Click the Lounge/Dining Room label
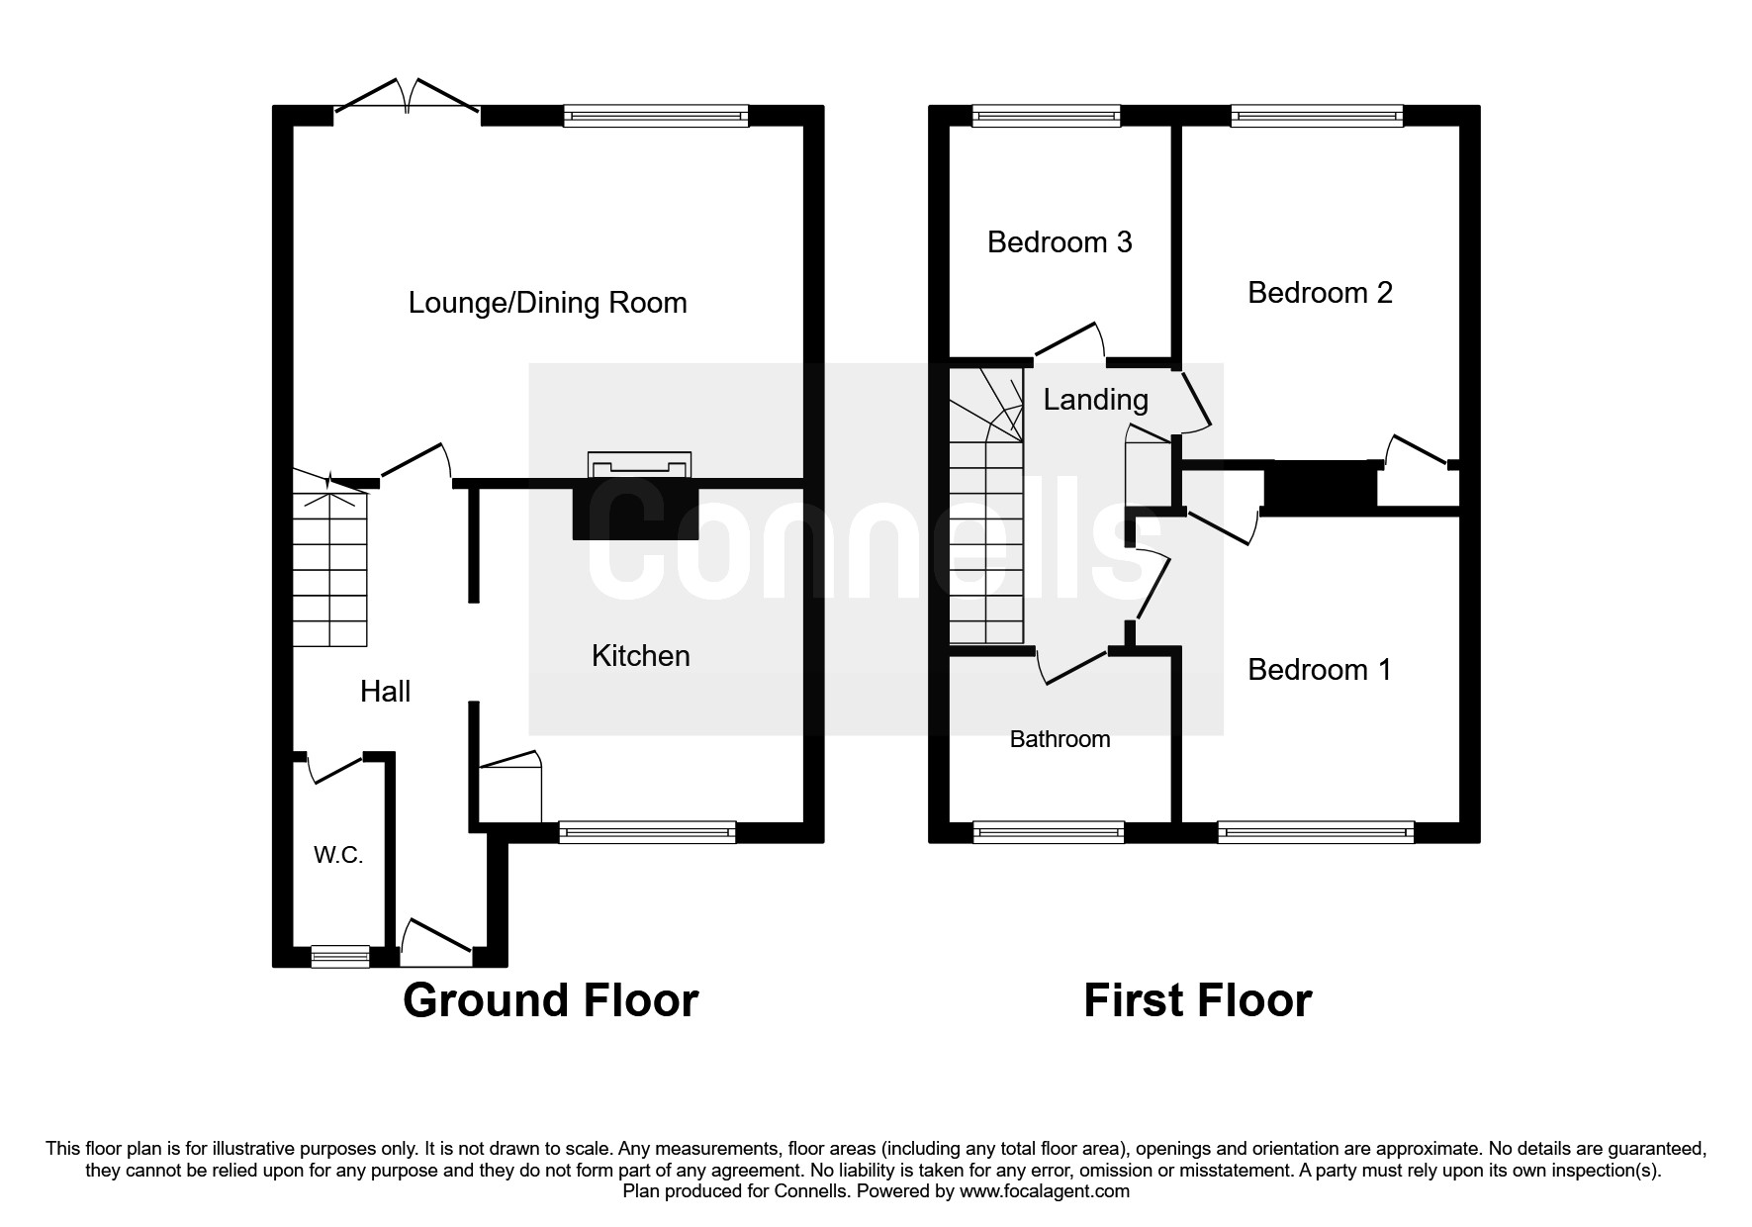pyautogui.click(x=547, y=303)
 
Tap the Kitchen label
pyautogui.click(x=640, y=656)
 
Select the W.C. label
pyautogui.click(x=338, y=856)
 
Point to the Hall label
pyautogui.click(x=385, y=692)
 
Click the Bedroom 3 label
pyautogui.click(x=1059, y=242)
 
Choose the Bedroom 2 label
pyautogui.click(x=1320, y=293)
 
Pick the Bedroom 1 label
pyautogui.click(x=1319, y=670)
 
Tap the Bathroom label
pyautogui.click(x=1060, y=739)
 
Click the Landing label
pyautogui.click(x=1095, y=400)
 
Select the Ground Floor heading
pyautogui.click(x=550, y=1000)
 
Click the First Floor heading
pyautogui.click(x=1197, y=1000)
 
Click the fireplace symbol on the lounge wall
pyautogui.click(x=639, y=465)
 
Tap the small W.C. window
pyautogui.click(x=339, y=956)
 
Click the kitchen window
pyautogui.click(x=647, y=832)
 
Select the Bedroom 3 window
pyautogui.click(x=1047, y=117)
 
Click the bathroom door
pyautogui.click(x=1073, y=665)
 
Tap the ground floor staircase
pyautogui.click(x=330, y=564)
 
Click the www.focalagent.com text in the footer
pyautogui.click(x=1044, y=1191)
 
